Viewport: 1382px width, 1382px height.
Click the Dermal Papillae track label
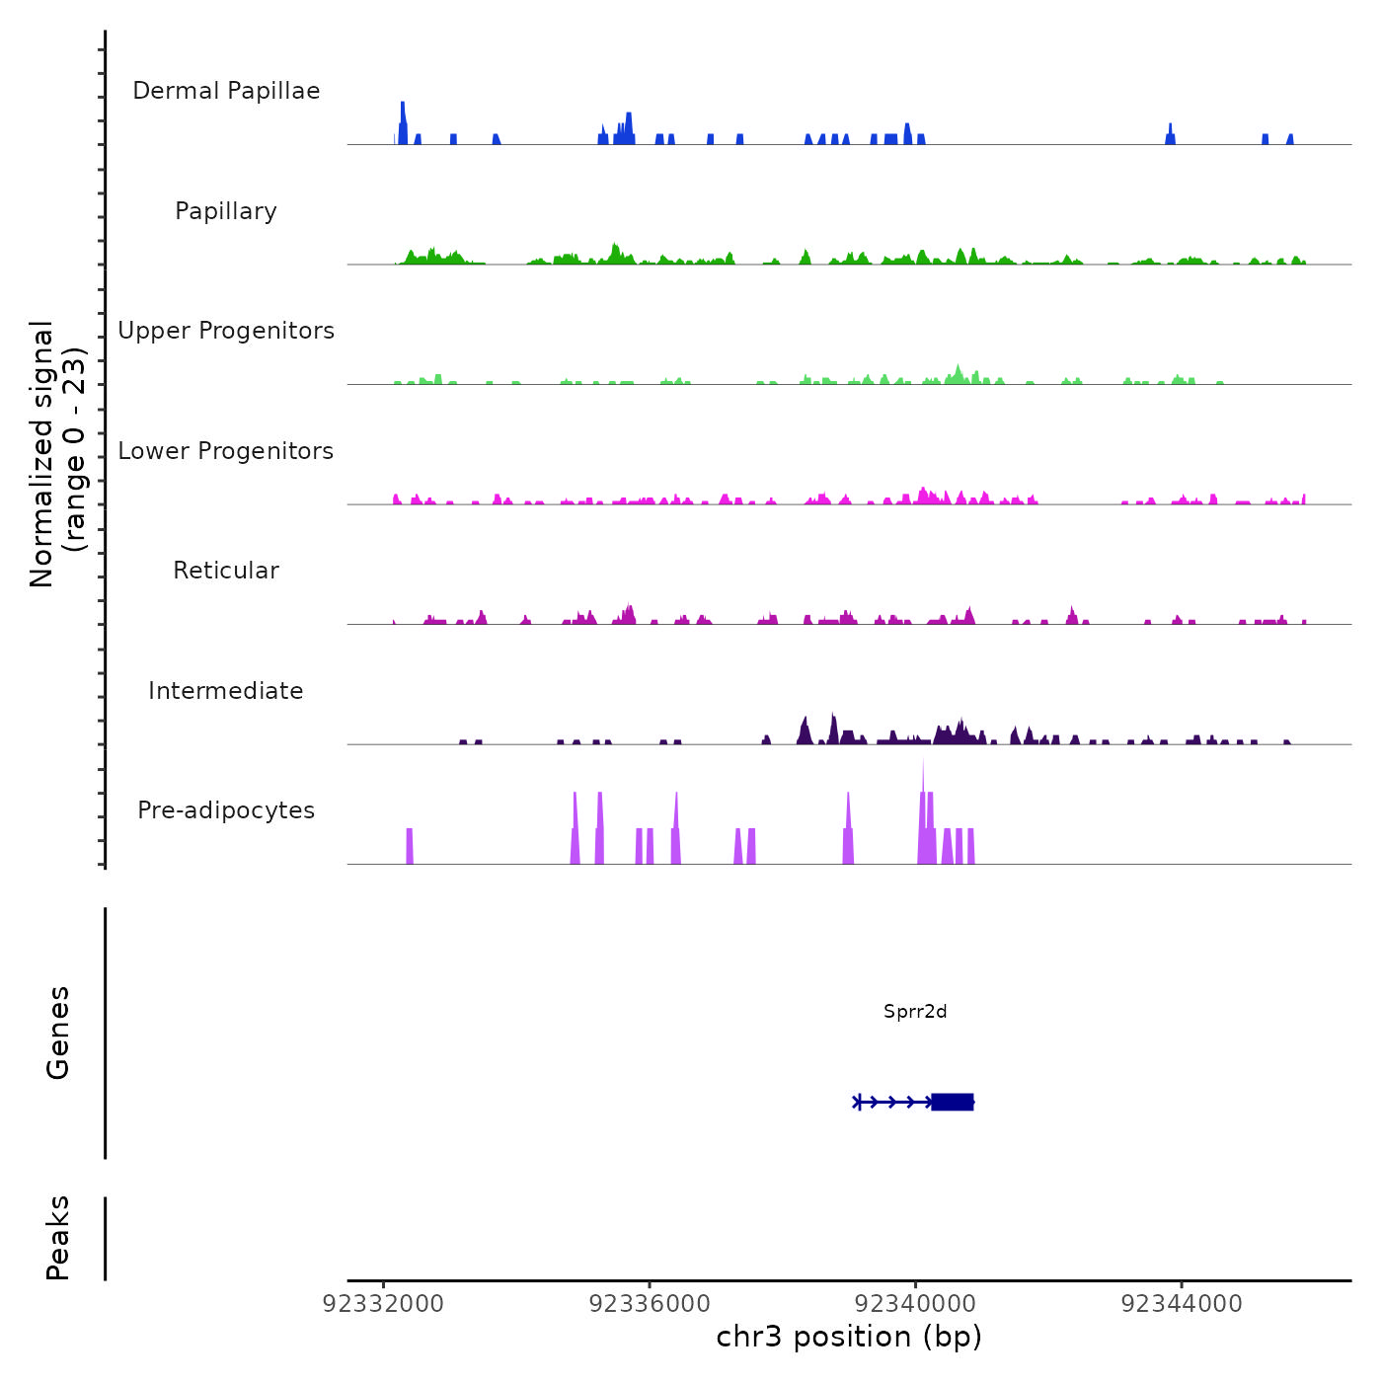pyautogui.click(x=226, y=91)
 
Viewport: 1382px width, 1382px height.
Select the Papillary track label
pyautogui.click(x=226, y=211)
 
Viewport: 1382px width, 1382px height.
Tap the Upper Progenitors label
pyautogui.click(x=226, y=331)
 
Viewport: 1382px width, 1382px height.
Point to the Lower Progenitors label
pyautogui.click(x=226, y=451)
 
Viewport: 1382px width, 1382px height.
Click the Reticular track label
pyautogui.click(x=226, y=571)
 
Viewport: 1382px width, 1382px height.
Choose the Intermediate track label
pyautogui.click(x=226, y=691)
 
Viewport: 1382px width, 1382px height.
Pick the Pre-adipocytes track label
pyautogui.click(x=226, y=810)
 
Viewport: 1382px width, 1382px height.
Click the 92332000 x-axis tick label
pyautogui.click(x=384, y=1304)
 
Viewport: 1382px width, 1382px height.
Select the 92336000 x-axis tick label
pyautogui.click(x=650, y=1304)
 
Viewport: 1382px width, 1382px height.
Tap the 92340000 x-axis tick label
pyautogui.click(x=916, y=1304)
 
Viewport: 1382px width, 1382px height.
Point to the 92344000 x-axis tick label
pyautogui.click(x=1182, y=1304)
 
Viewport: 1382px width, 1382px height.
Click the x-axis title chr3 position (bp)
pyautogui.click(x=849, y=1338)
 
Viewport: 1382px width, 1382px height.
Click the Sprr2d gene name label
pyautogui.click(x=915, y=1012)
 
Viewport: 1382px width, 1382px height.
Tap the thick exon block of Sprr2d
pyautogui.click(x=953, y=1102)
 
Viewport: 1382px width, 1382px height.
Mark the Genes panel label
pyautogui.click(x=58, y=1033)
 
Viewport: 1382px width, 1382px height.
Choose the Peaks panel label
pyautogui.click(x=58, y=1238)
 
